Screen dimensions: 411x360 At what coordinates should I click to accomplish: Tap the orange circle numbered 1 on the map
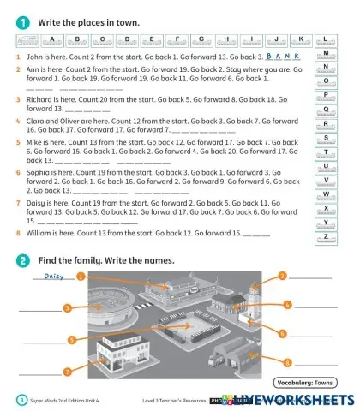coord(80,277)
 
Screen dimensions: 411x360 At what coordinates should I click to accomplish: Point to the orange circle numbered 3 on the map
coord(66,307)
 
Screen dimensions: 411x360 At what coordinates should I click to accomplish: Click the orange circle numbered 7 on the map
coord(67,371)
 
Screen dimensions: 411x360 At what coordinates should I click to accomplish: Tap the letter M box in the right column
coord(327,53)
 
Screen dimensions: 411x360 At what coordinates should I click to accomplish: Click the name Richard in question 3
coord(39,99)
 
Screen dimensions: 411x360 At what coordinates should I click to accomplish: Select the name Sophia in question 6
coord(39,172)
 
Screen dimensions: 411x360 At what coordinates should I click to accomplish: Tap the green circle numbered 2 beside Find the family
coord(21,259)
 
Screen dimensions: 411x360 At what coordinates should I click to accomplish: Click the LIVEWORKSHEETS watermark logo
coord(296,400)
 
